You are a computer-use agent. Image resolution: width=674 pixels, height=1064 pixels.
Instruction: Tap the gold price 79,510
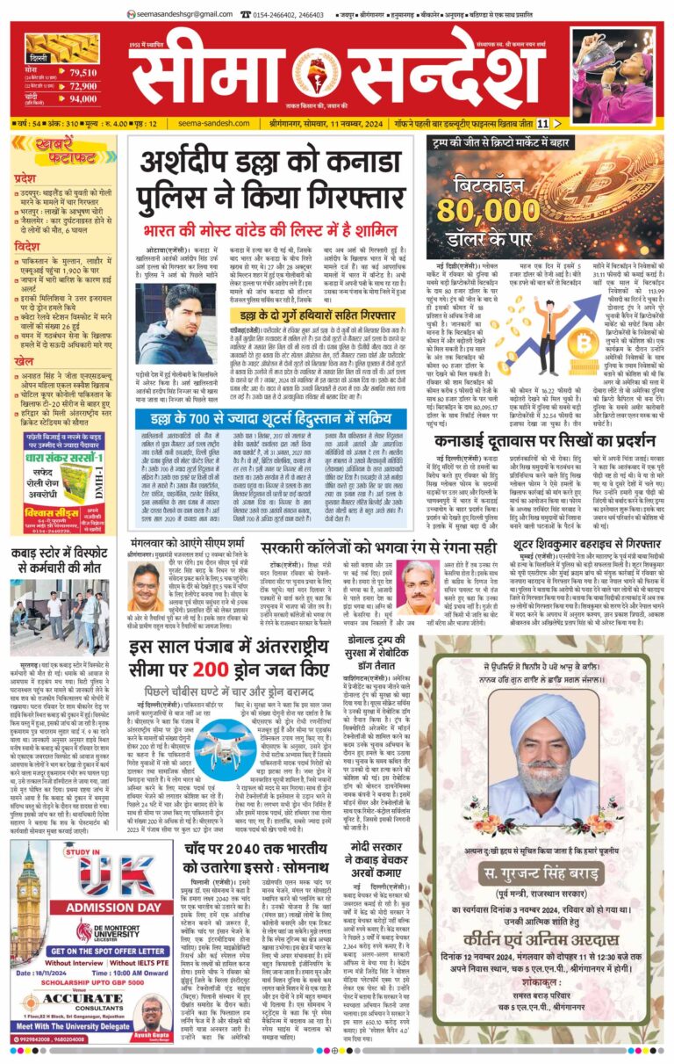click(x=83, y=72)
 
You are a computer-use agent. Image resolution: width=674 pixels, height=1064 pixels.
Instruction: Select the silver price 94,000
click(x=83, y=99)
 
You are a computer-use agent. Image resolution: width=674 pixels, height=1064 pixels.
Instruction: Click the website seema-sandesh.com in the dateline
click(x=214, y=124)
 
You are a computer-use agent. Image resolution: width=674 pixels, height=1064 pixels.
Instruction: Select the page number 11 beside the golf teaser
click(x=543, y=124)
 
